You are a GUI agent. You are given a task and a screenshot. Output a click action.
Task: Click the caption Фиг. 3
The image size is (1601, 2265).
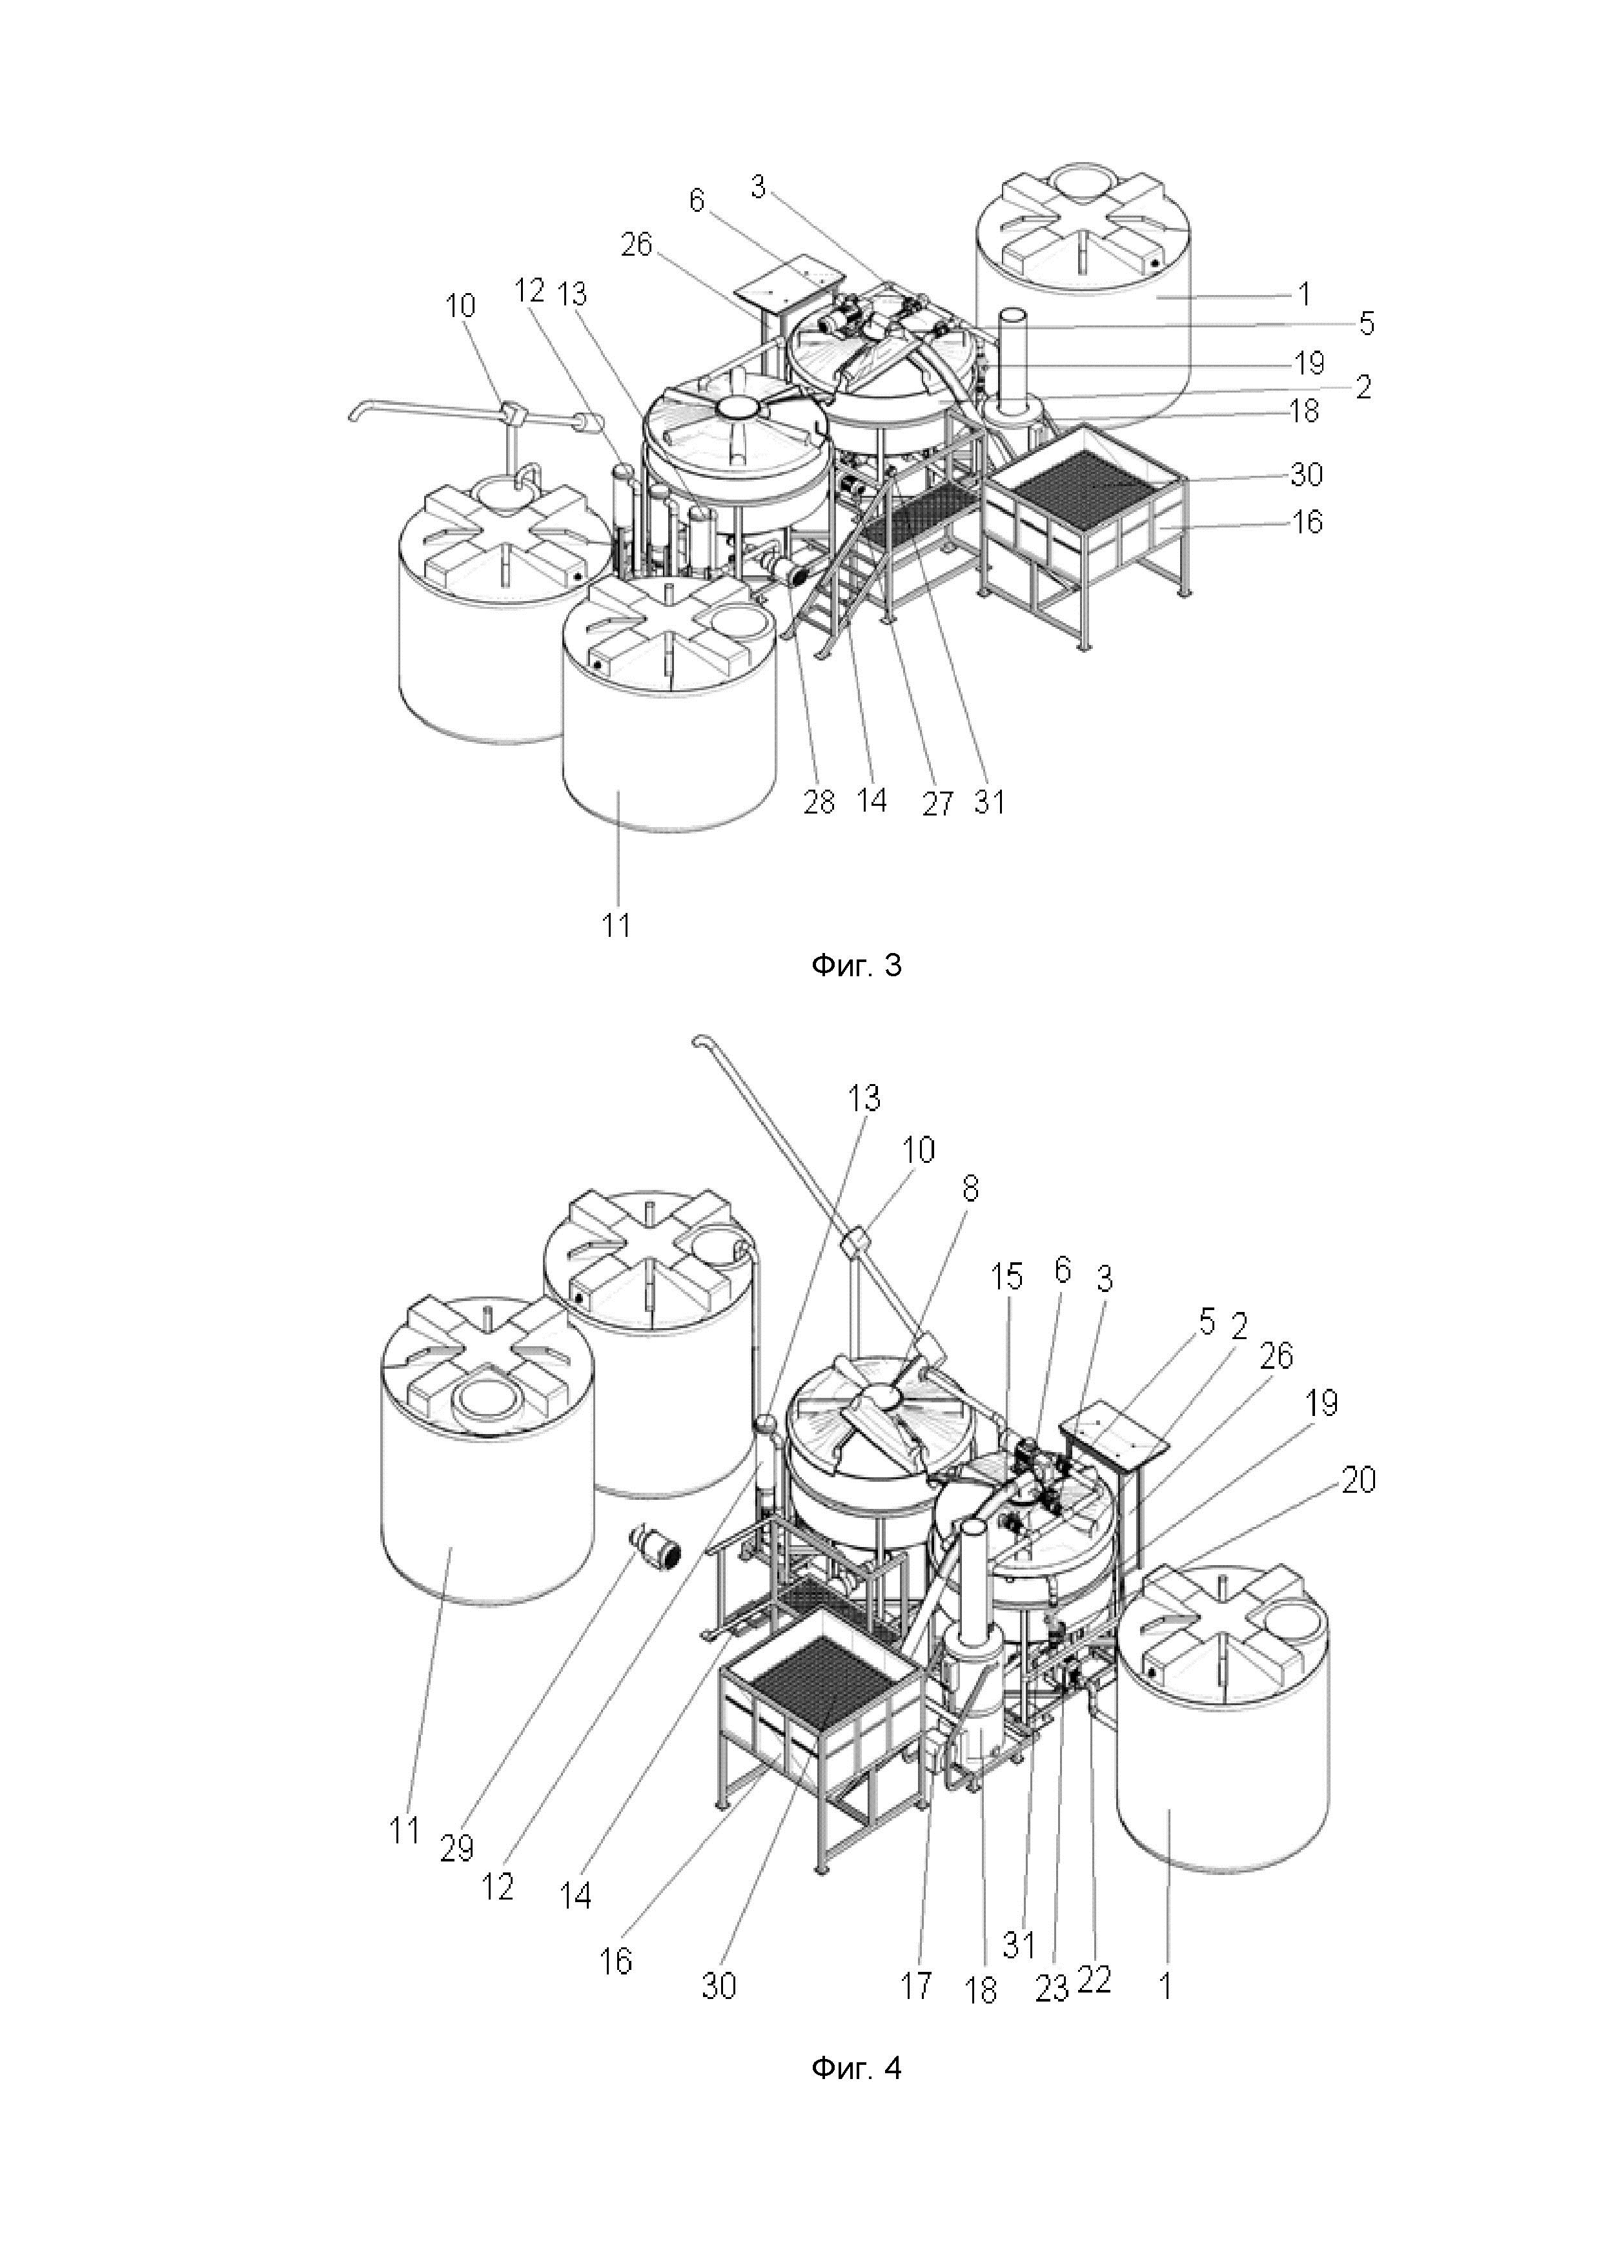855,965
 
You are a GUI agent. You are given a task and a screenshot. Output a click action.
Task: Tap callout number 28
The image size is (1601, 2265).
819,802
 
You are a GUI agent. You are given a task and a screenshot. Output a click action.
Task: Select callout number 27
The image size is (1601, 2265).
937,804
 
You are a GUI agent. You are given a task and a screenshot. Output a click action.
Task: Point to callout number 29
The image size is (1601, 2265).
456,1848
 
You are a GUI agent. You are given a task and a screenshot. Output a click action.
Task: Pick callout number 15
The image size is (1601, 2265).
1006,1278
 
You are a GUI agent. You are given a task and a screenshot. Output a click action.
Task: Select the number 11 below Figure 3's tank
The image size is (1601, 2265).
617,925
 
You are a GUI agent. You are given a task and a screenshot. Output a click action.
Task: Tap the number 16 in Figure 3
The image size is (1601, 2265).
1307,522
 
